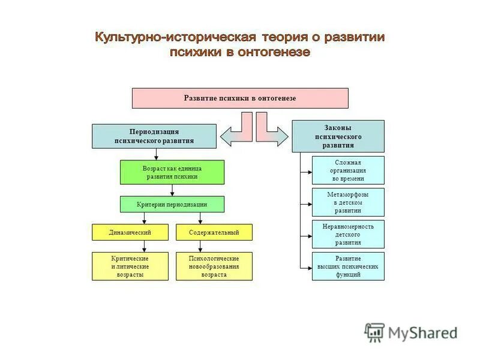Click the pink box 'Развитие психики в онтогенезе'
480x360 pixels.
240,98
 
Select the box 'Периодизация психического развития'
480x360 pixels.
154,136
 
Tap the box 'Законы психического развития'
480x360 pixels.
338,136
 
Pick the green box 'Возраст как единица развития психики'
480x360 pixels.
172,172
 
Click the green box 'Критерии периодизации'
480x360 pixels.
172,204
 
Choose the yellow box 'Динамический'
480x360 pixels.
130,232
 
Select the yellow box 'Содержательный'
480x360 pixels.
214,232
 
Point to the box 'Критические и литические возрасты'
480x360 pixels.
130,266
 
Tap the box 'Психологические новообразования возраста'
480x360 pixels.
214,266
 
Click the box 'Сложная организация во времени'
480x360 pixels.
348,170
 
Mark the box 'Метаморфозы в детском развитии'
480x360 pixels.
348,202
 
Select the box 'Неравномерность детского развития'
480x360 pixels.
348,234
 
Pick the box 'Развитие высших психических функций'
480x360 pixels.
348,266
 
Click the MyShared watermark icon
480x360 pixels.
375,332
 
